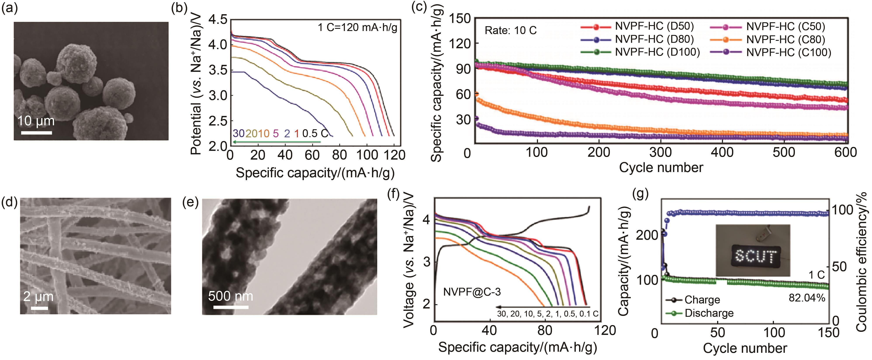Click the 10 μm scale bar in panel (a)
[x=36, y=133]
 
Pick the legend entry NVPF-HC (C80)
[x=785, y=40]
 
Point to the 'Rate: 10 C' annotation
[x=510, y=30]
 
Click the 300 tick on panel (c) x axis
[x=660, y=153]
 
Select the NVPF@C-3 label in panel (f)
[x=472, y=292]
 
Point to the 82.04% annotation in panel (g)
[x=807, y=298]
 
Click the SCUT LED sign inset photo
[x=753, y=250]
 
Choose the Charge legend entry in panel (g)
[x=702, y=300]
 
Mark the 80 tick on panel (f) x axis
[x=544, y=330]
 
